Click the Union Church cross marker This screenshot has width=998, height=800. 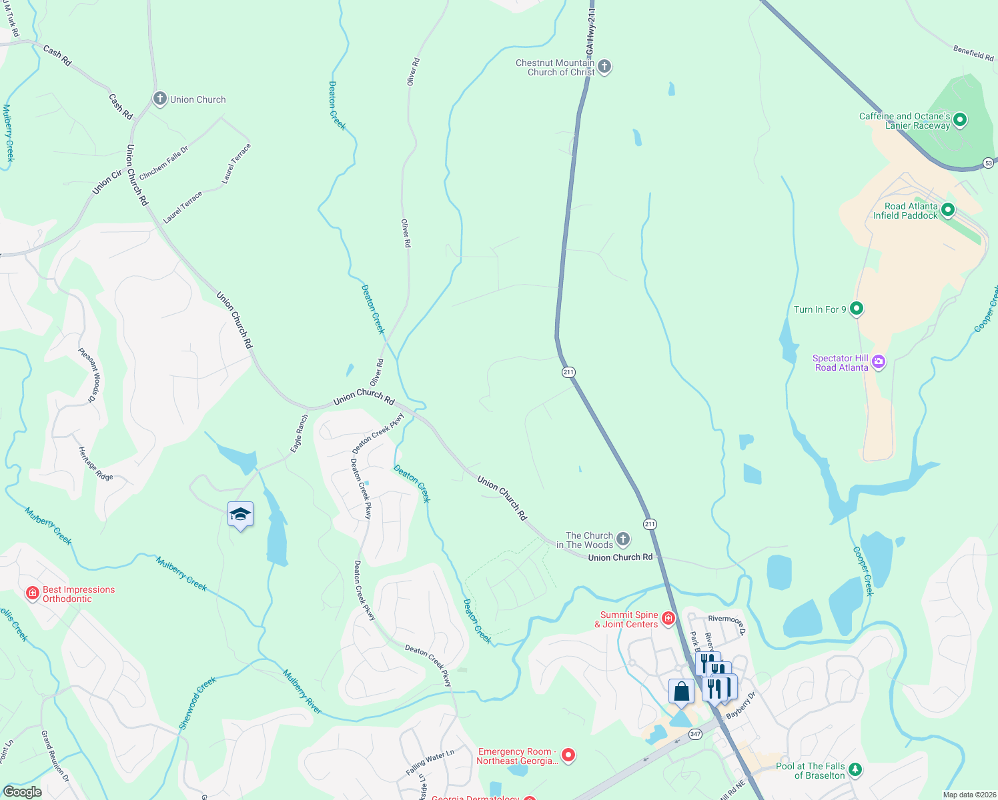[159, 99]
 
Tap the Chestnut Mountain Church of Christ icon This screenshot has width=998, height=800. [604, 67]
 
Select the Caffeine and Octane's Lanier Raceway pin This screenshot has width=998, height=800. [960, 121]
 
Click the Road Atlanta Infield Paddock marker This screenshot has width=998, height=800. [947, 211]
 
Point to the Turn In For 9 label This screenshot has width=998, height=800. [820, 309]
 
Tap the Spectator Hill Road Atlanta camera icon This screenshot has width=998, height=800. [879, 362]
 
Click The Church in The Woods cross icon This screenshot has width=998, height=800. [622, 539]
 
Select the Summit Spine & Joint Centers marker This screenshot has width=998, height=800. [668, 619]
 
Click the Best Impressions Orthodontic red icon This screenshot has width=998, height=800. [32, 593]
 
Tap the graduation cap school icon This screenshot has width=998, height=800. [240, 515]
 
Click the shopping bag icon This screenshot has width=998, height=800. [681, 691]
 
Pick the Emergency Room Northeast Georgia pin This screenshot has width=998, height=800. [568, 755]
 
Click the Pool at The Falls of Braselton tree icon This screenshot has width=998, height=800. [855, 770]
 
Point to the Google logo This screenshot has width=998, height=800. [22, 792]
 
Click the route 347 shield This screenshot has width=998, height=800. [696, 734]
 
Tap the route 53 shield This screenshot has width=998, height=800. [989, 163]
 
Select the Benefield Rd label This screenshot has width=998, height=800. [973, 53]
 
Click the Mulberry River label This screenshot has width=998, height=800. [302, 692]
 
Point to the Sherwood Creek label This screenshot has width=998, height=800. [197, 703]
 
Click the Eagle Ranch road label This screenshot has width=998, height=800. [300, 433]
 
